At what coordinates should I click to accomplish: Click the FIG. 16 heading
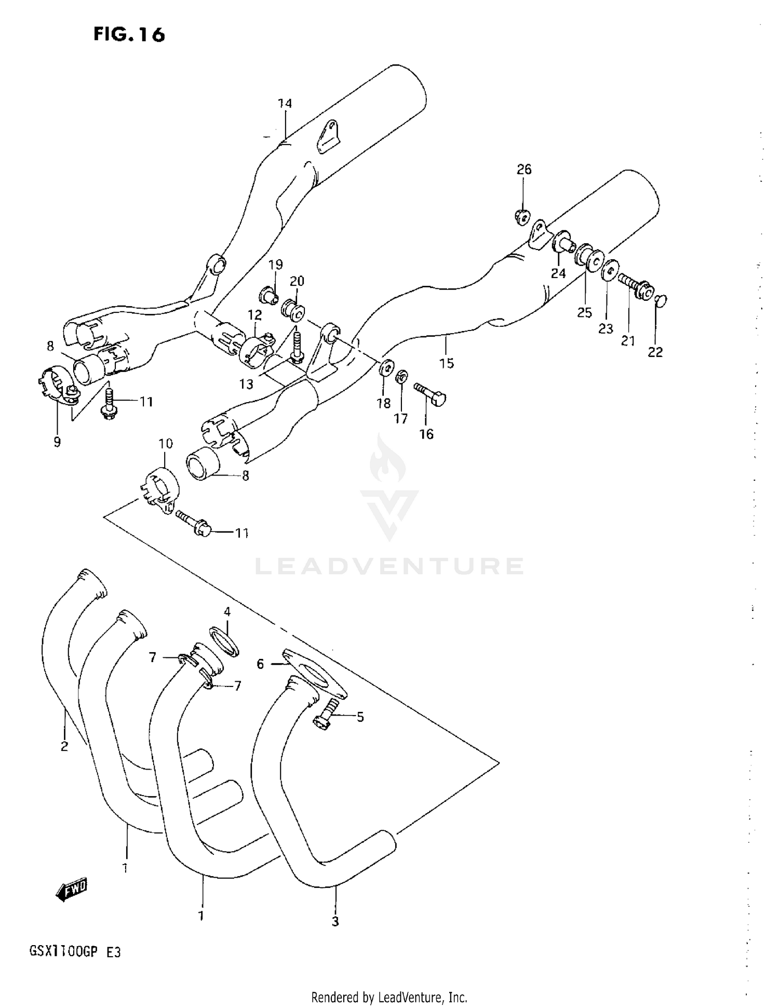[x=129, y=34]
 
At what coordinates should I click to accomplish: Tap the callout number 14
[x=285, y=103]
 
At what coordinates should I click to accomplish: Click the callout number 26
[x=524, y=169]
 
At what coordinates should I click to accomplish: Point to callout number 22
[x=655, y=352]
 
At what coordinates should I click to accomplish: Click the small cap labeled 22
[x=661, y=301]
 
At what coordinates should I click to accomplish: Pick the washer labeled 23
[x=610, y=270]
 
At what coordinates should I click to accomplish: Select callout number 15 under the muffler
[x=446, y=363]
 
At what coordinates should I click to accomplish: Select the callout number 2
[x=64, y=747]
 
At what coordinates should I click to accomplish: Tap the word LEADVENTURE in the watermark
[x=389, y=566]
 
